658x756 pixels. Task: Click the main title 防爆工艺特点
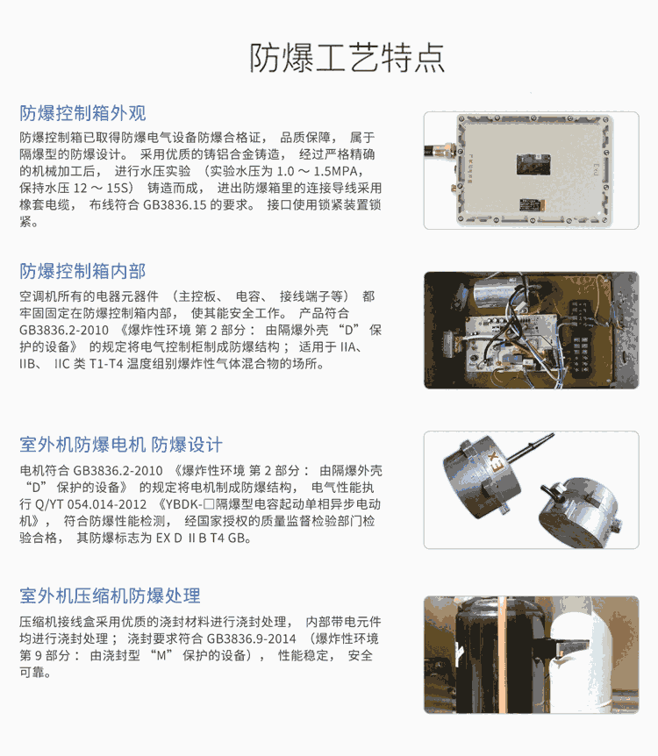click(347, 59)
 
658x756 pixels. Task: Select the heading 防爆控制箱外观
click(82, 113)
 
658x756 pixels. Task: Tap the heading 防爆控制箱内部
click(82, 272)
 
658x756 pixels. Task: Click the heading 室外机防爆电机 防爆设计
click(121, 445)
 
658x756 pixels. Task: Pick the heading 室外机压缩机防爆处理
click(110, 596)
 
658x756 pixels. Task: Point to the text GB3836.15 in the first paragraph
click(175, 205)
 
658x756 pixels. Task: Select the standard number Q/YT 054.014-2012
click(90, 504)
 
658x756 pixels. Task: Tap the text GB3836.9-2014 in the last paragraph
click(251, 638)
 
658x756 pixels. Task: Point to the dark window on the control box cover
click(533, 164)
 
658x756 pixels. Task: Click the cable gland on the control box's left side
click(440, 151)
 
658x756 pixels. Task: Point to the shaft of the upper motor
click(530, 447)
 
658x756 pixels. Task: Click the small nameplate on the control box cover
click(533, 204)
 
